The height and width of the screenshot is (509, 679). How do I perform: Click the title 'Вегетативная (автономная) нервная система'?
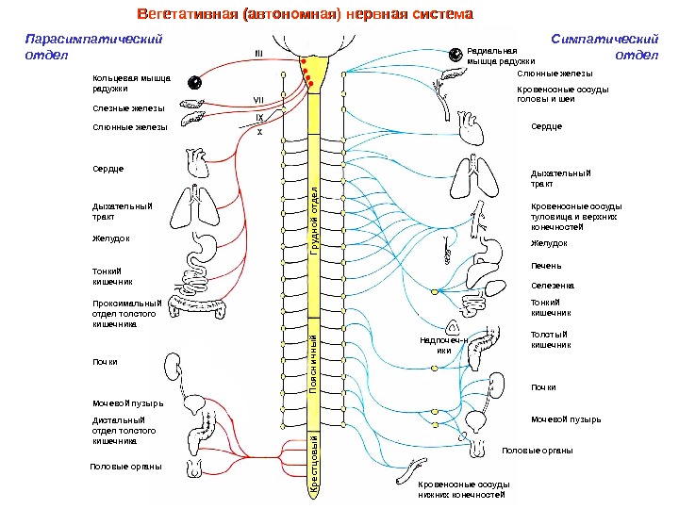tap(304, 16)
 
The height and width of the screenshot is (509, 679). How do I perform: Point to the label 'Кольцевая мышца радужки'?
tap(124, 83)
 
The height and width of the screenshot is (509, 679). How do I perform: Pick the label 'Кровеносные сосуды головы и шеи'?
tap(563, 93)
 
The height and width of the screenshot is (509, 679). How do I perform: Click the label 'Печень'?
tap(546, 266)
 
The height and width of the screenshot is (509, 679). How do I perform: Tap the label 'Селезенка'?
tap(553, 284)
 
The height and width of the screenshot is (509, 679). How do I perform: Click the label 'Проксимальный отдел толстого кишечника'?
tap(127, 313)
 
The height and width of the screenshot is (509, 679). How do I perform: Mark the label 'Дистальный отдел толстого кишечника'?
tap(119, 431)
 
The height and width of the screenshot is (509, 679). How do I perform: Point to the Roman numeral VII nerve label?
tap(257, 99)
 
